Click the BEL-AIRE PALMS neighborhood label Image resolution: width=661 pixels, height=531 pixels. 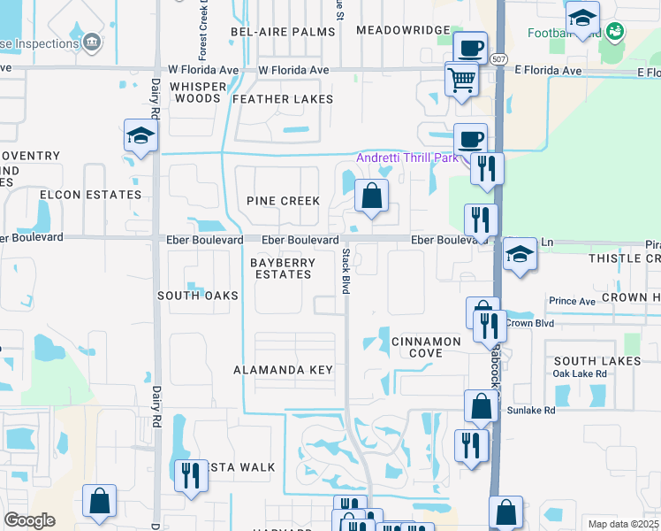point(283,31)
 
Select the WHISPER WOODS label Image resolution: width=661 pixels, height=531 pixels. point(197,92)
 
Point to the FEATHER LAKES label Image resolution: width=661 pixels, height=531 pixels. point(283,99)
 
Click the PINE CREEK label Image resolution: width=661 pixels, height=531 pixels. point(283,201)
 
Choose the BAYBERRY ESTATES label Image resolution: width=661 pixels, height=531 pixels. point(281,268)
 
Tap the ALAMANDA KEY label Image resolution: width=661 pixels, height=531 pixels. point(283,369)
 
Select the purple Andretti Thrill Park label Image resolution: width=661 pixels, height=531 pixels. point(406,158)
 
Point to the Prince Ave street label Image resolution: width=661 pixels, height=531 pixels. point(572,302)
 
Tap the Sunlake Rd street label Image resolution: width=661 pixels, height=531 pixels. point(530,411)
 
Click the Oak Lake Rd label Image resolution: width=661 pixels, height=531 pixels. point(579,373)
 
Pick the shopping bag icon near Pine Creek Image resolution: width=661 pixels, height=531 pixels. point(372,196)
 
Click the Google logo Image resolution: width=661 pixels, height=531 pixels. point(29,520)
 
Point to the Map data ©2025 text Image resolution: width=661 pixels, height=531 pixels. point(623,524)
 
